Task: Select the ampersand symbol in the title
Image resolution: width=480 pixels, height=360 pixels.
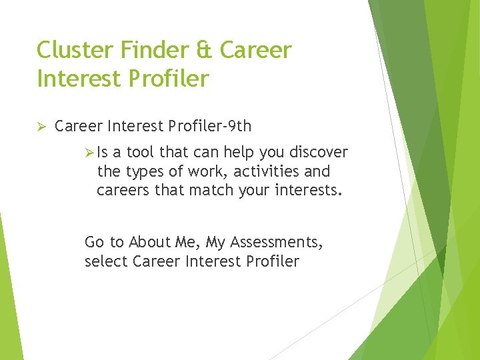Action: click(208, 50)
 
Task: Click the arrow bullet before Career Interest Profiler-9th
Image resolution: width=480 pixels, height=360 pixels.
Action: click(41, 126)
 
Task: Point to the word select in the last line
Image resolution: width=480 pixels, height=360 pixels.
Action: click(107, 261)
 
